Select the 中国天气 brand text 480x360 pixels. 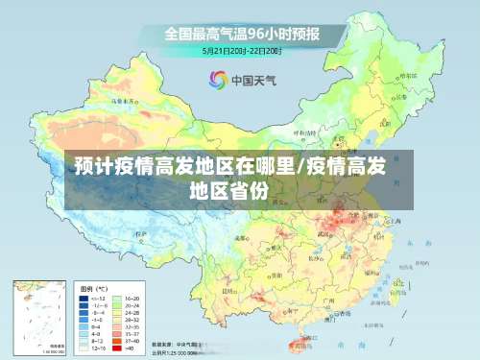[x=254, y=82]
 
